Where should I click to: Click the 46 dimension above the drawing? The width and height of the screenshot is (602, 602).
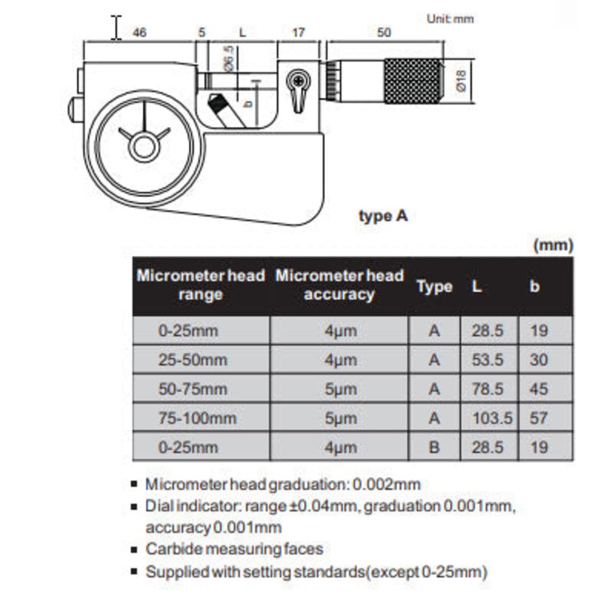tap(139, 32)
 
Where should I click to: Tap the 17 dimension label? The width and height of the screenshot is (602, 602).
tap(298, 32)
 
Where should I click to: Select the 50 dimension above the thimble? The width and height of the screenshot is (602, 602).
tap(384, 32)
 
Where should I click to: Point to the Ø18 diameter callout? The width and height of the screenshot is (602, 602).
tap(461, 81)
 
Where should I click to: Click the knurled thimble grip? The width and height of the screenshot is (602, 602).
tap(413, 81)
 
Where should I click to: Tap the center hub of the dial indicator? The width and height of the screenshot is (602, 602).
tap(144, 147)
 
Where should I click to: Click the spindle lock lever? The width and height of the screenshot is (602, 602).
tap(298, 90)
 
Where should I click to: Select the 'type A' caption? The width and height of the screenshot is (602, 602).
tap(383, 216)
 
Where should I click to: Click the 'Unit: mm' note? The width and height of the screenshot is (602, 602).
tap(450, 19)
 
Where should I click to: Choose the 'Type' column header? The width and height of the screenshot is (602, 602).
tap(435, 287)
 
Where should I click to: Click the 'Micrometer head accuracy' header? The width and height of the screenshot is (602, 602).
tap(339, 285)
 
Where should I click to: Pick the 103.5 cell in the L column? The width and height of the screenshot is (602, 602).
tap(492, 418)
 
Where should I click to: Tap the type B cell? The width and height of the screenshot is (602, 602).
tap(434, 447)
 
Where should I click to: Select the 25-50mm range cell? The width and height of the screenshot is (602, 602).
tap(193, 360)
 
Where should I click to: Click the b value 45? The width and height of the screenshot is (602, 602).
tap(539, 389)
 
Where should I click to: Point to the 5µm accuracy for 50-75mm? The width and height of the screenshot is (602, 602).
tap(341, 389)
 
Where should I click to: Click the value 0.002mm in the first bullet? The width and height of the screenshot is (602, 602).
tap(386, 485)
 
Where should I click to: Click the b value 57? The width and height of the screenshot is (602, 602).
tap(539, 418)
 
